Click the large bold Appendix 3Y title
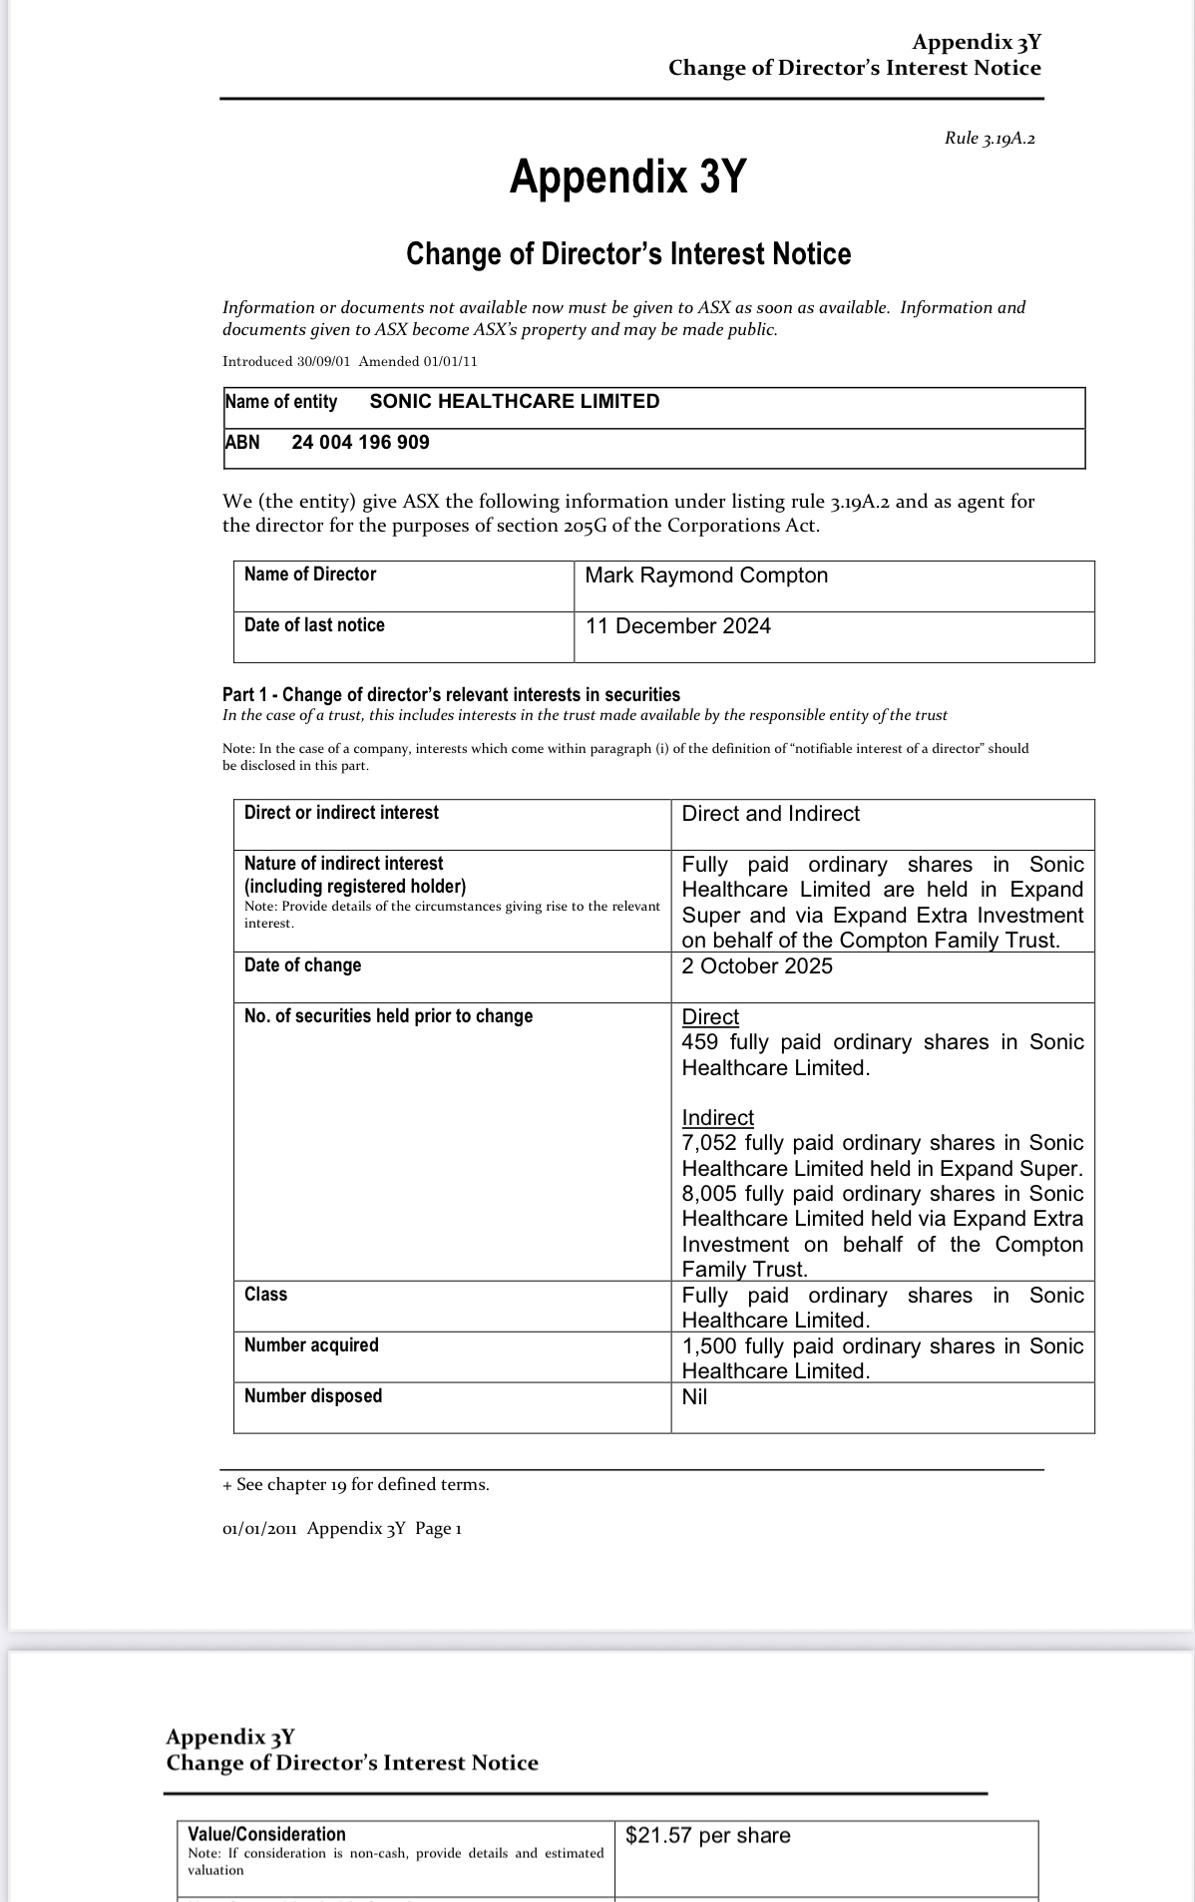tap(627, 178)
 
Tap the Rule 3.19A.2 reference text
tap(990, 139)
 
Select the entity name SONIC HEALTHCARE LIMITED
tap(514, 402)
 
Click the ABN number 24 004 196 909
tap(360, 443)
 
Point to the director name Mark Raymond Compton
tap(706, 575)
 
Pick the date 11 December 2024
tap(678, 626)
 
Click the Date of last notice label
tap(314, 625)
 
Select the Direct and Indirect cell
tap(770, 814)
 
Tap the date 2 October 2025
tap(757, 966)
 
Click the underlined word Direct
tap(710, 1017)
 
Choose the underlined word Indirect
tap(717, 1118)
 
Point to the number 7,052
tap(710, 1143)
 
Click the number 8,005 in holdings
tap(710, 1194)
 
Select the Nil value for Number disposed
tap(694, 1397)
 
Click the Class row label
tap(265, 1295)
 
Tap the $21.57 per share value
tap(707, 1836)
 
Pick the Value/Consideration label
tap(266, 1834)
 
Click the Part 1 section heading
tap(451, 695)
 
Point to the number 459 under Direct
tap(700, 1042)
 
